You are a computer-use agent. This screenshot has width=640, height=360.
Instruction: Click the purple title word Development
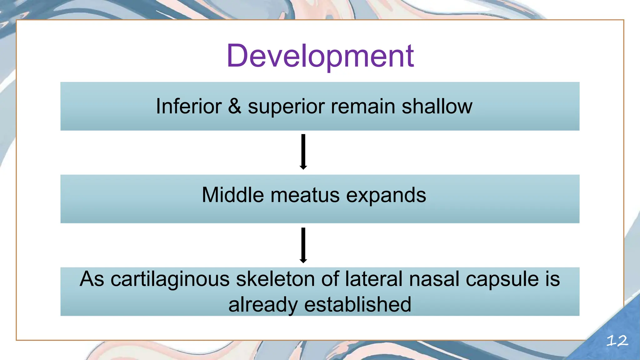320,56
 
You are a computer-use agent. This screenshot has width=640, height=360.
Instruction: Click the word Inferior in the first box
188,106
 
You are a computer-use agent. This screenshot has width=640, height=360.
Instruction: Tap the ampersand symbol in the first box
234,106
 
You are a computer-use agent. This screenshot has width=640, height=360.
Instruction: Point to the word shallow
437,106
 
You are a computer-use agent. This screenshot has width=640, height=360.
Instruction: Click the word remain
362,106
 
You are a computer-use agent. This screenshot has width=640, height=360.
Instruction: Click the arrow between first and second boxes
303,152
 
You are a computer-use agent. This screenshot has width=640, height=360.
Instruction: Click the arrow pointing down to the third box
303,245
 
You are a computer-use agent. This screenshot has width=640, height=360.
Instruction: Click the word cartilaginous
170,279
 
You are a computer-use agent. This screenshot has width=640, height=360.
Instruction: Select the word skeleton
275,279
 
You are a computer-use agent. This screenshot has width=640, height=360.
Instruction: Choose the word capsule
502,279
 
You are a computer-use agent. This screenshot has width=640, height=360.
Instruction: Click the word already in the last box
263,305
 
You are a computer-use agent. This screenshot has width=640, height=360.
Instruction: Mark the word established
357,304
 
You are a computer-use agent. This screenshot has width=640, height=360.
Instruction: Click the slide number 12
617,341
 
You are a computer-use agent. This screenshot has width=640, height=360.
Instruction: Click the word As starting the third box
92,279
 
